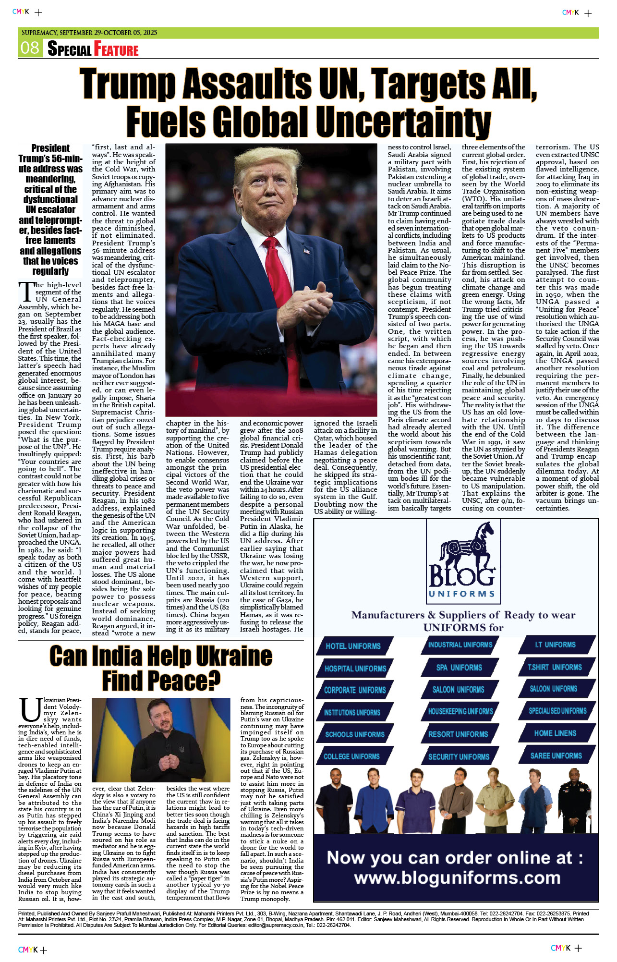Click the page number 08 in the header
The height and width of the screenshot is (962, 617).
(30, 48)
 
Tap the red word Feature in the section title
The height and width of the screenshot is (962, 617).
(116, 49)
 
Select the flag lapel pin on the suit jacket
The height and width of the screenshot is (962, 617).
(306, 251)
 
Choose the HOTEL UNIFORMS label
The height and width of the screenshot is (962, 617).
(353, 646)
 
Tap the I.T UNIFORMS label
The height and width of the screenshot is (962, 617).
(555, 645)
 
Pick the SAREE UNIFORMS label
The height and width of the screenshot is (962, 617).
(556, 755)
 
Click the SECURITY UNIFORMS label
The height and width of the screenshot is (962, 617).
(459, 757)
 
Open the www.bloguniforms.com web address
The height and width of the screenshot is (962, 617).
(457, 878)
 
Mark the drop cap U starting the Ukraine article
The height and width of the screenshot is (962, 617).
(30, 710)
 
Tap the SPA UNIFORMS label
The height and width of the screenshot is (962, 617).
(459, 668)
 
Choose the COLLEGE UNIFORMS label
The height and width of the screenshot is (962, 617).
(351, 756)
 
